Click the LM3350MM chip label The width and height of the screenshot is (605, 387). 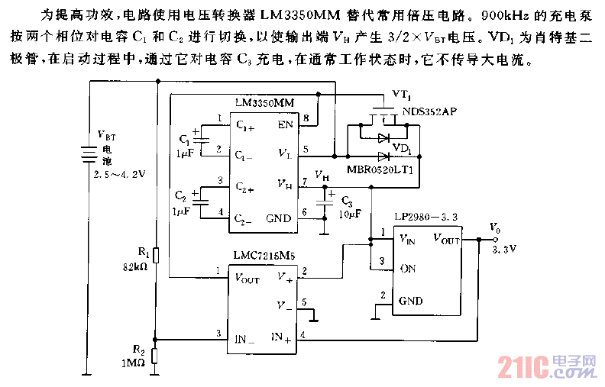point(264,102)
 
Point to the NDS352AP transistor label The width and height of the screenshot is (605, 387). point(429,111)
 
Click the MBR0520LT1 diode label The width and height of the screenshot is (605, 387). point(379,169)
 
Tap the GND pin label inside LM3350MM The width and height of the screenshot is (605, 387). point(279,218)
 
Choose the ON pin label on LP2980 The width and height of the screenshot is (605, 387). point(409,268)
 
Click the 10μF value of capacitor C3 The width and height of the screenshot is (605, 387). point(351,215)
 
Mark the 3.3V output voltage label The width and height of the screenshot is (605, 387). point(503,248)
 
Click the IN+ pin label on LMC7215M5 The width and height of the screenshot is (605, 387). point(281,337)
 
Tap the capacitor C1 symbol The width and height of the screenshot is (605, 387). point(201,138)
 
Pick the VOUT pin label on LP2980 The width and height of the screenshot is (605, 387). point(447,240)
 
